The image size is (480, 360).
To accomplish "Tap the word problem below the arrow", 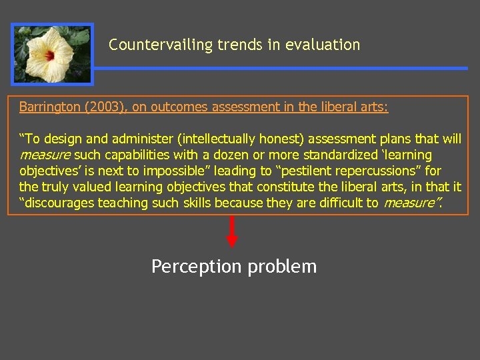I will (282, 267).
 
